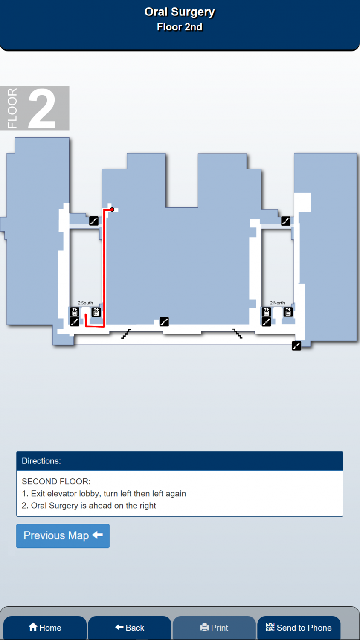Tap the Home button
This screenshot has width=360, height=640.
click(45, 628)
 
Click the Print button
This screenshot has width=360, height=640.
click(214, 628)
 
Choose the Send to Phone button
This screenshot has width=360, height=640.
click(299, 628)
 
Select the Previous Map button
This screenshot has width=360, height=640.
click(63, 536)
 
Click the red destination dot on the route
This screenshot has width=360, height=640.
click(112, 209)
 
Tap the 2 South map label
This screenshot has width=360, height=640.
click(85, 303)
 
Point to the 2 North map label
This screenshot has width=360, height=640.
click(277, 303)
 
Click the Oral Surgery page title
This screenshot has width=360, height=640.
click(180, 12)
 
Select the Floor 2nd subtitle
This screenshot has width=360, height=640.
click(180, 27)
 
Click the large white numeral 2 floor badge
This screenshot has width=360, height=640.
click(42, 108)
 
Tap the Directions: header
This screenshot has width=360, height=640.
click(41, 461)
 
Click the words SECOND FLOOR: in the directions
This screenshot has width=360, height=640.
click(56, 481)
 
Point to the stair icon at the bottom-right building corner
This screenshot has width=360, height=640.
click(296, 346)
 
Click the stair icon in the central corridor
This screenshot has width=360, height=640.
click(164, 322)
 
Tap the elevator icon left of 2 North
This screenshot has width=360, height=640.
click(266, 312)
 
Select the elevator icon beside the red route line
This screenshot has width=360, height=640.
click(96, 312)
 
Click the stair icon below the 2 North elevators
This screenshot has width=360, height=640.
click(266, 322)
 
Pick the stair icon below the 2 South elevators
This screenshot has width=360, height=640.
click(75, 322)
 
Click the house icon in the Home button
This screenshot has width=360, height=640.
click(33, 627)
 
